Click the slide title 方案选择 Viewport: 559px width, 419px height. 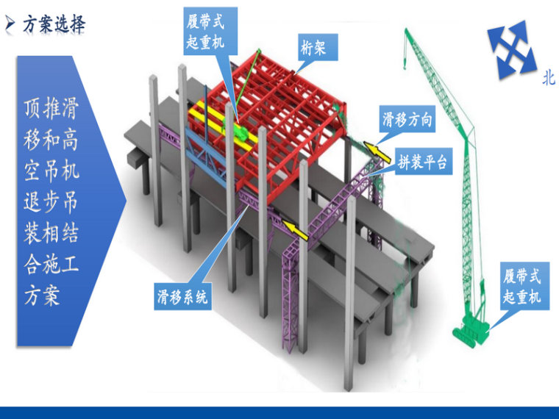coord(54,24)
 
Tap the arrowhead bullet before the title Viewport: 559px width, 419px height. coord(10,24)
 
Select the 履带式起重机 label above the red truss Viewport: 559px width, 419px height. coord(205,32)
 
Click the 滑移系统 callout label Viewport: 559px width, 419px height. coord(182,297)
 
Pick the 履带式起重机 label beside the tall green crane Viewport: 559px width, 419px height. coord(521,287)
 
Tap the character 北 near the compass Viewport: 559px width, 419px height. coord(549,79)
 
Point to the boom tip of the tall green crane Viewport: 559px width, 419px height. coord(405,31)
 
